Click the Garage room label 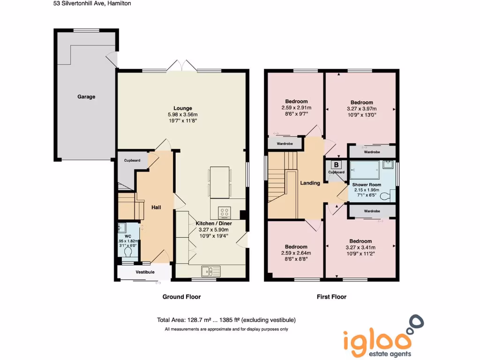(x=86, y=97)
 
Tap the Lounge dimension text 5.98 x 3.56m (x=182, y=115)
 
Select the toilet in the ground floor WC (x=128, y=252)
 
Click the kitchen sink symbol (x=211, y=271)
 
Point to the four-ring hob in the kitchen (x=225, y=213)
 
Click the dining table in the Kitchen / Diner (x=219, y=182)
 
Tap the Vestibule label (x=145, y=272)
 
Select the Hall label (x=156, y=207)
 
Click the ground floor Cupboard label (x=132, y=161)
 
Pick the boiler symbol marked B (x=336, y=165)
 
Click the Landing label (x=310, y=183)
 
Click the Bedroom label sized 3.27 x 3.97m (x=361, y=103)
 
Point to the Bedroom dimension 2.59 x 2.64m (x=296, y=253)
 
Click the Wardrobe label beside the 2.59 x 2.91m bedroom (x=285, y=143)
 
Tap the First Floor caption (x=331, y=297)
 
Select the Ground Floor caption (x=181, y=297)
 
